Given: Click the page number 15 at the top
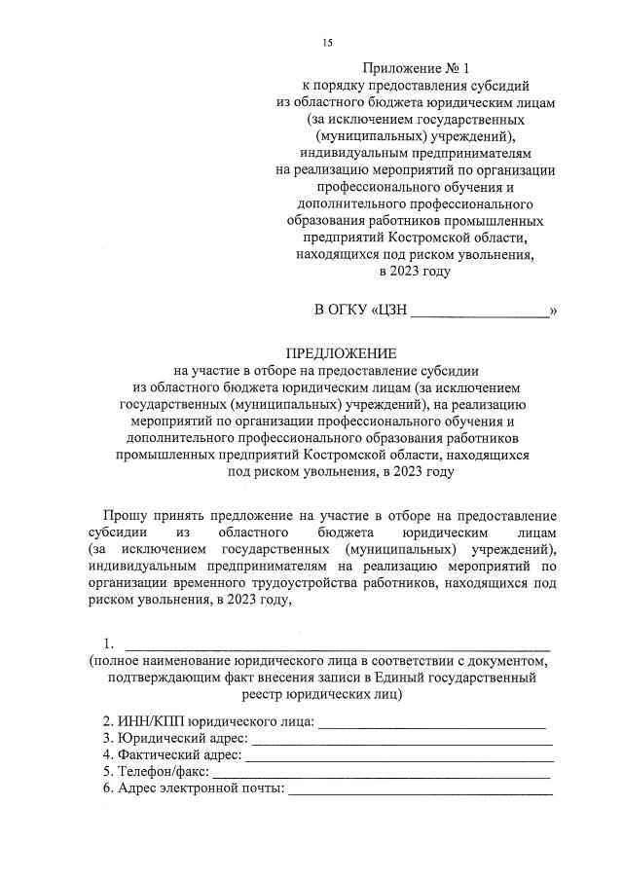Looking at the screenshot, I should (327, 43).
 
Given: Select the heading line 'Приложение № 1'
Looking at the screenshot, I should (416, 69).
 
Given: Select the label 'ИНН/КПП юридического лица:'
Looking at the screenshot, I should (208, 721).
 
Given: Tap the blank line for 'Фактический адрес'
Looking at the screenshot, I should (400, 755).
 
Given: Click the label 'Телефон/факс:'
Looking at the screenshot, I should (156, 771).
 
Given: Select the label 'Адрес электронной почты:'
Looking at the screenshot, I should (194, 788).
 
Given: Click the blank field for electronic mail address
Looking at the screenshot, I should (420, 789).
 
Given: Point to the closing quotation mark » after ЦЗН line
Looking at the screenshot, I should (553, 312).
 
